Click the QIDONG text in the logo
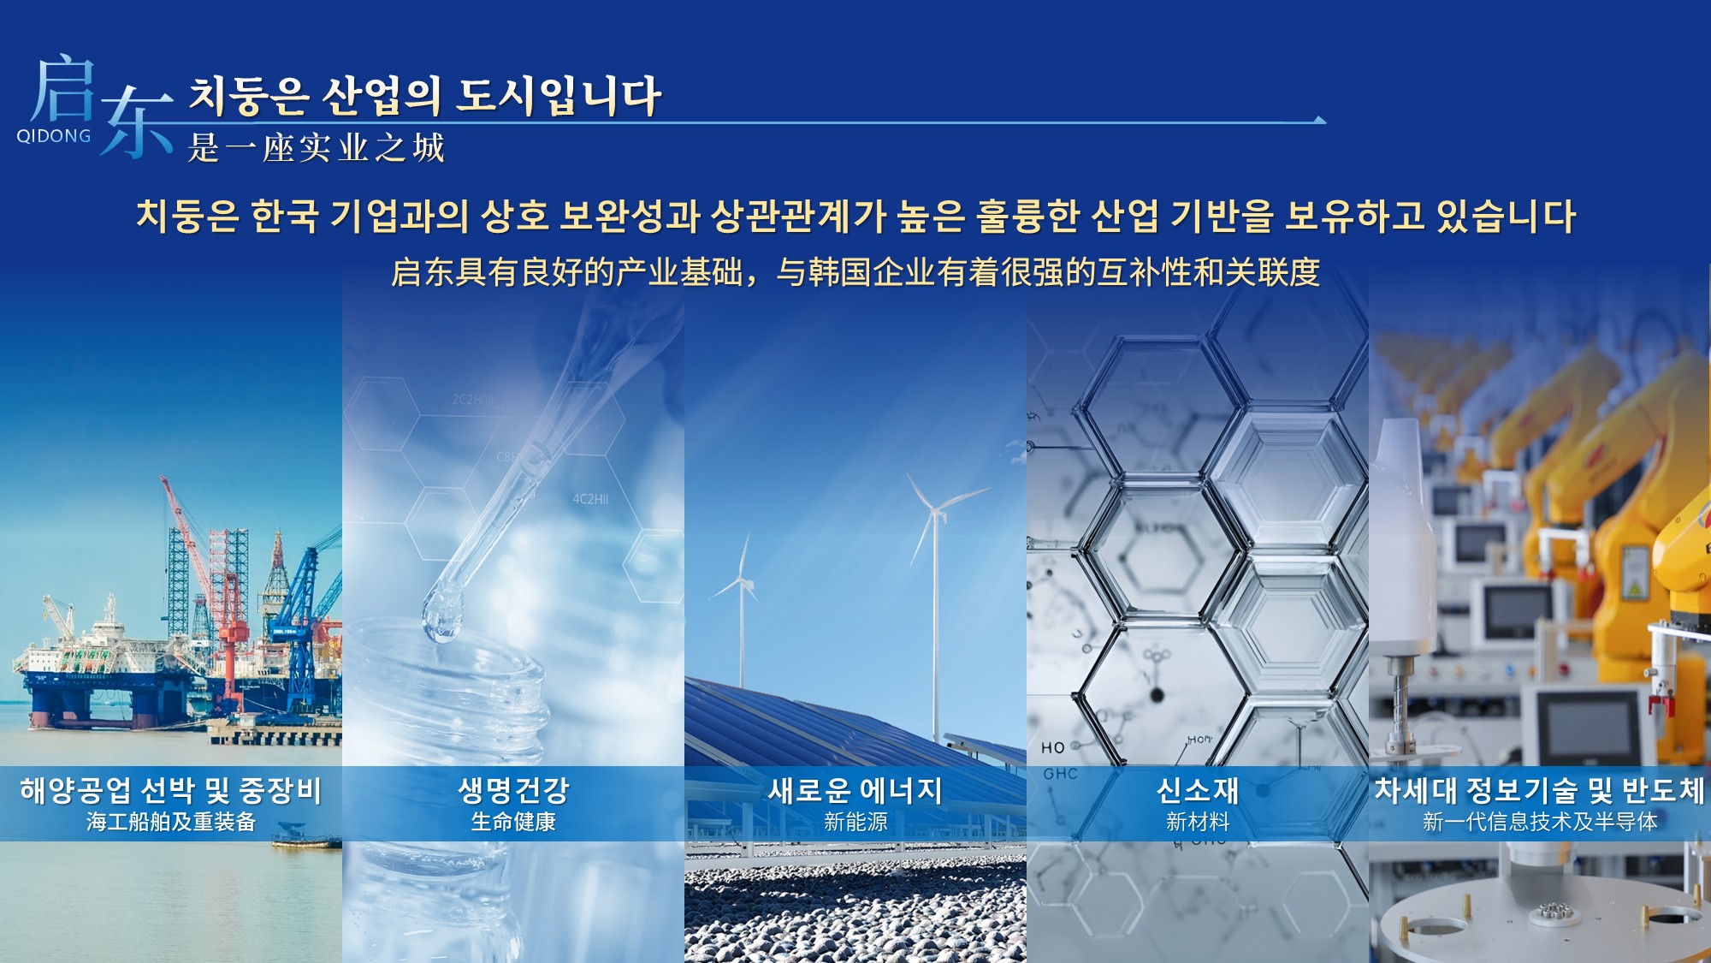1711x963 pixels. [54, 136]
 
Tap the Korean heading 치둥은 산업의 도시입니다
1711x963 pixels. [424, 95]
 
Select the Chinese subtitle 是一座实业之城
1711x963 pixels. [317, 148]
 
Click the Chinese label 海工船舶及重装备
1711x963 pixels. [171, 822]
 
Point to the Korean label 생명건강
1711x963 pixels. [513, 789]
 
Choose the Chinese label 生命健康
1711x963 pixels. [513, 822]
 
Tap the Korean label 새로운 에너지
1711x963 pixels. [855, 789]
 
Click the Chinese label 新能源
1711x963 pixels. [855, 822]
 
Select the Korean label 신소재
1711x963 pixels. [1198, 789]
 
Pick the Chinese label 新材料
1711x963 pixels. [1198, 822]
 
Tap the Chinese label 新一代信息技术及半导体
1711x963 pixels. [1540, 822]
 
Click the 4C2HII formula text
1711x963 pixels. [590, 499]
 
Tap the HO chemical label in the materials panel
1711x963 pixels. [1053, 748]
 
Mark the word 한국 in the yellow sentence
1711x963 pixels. [285, 216]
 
